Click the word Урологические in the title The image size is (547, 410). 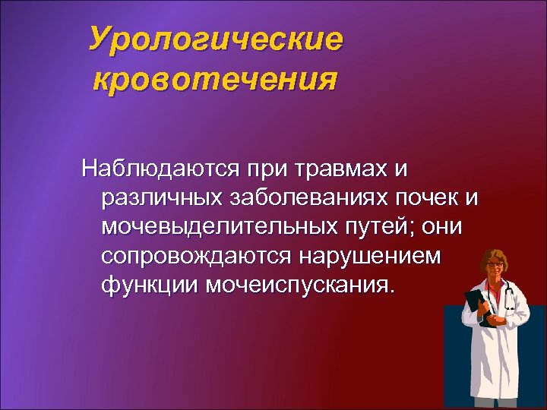pyautogui.click(x=215, y=39)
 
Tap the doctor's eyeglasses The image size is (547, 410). pyautogui.click(x=494, y=264)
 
